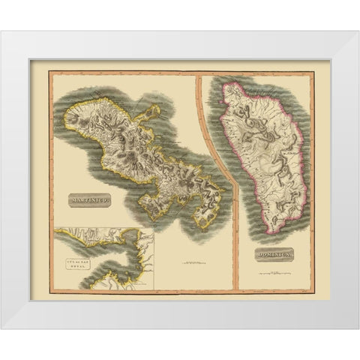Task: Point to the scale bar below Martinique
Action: pos(192,262)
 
